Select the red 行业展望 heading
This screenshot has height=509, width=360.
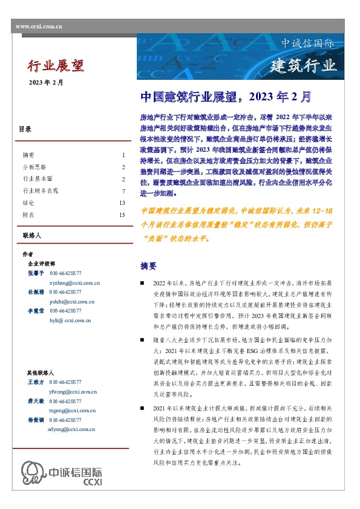click(x=56, y=65)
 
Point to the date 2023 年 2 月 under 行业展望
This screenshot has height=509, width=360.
click(x=46, y=82)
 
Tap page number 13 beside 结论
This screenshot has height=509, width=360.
click(x=122, y=203)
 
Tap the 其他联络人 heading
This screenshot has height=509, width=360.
click(x=41, y=373)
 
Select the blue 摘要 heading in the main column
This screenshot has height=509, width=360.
click(x=148, y=266)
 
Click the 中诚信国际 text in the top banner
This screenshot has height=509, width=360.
click(x=307, y=44)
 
